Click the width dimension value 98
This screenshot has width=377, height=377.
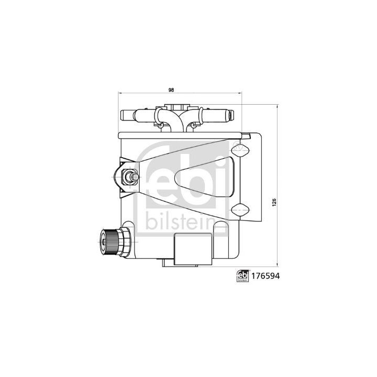point(171,91)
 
